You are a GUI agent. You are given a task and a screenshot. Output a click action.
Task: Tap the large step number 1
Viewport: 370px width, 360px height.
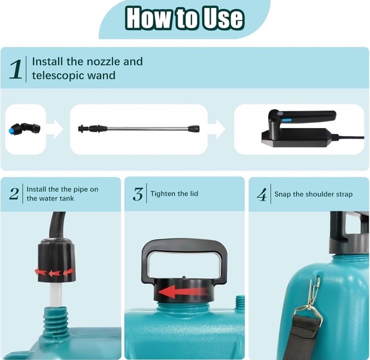(x=16, y=69)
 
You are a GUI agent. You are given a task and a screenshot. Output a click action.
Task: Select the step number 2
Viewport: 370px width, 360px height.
(x=14, y=194)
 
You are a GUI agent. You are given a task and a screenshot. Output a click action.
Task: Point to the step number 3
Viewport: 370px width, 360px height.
(x=138, y=194)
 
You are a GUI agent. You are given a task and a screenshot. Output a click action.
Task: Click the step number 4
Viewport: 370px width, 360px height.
(x=262, y=195)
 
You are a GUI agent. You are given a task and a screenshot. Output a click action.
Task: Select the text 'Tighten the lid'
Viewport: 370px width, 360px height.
(x=174, y=193)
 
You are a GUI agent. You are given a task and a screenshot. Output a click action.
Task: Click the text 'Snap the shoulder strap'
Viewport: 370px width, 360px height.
(x=313, y=194)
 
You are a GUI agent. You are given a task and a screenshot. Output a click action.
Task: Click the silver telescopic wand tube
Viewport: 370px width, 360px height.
(x=148, y=129)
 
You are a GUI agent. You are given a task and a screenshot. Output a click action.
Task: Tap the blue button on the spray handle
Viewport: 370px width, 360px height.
(x=286, y=120)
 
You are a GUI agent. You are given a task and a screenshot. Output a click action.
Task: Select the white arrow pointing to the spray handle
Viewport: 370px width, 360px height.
(x=218, y=129)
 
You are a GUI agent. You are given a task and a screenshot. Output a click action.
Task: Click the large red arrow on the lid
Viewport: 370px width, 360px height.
(x=183, y=291)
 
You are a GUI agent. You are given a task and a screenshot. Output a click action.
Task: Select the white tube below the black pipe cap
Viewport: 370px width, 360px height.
(x=56, y=294)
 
